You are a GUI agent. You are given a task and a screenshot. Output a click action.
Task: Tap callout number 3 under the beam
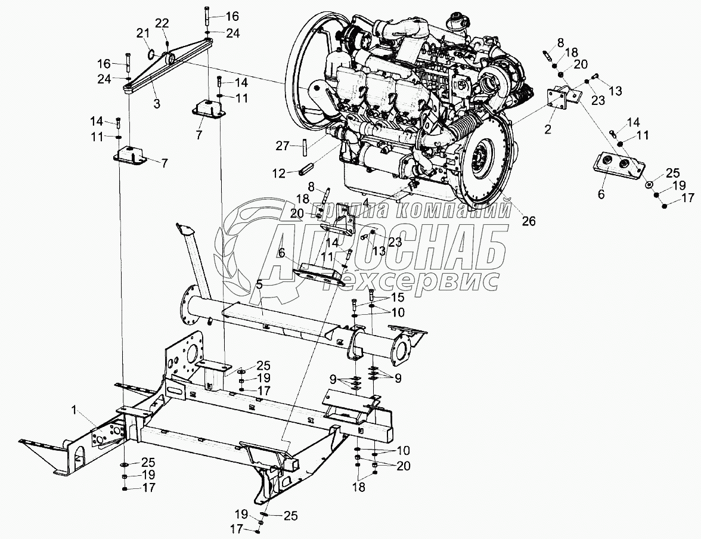point(156,104)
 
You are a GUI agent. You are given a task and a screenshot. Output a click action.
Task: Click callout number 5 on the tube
point(259,285)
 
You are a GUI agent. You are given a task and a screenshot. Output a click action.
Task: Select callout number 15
point(397,297)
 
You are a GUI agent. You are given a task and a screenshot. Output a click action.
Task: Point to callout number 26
point(529,221)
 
